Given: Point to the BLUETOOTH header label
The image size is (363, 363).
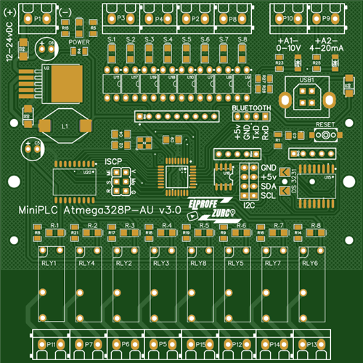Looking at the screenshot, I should coord(251,107).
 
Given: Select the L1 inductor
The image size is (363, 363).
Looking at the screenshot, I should coord(65,126).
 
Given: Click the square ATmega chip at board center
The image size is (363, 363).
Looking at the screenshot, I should coord(175,173).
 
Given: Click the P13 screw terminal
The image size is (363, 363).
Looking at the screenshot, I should coord(311,344).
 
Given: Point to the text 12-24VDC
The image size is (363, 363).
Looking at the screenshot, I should coord(9,46).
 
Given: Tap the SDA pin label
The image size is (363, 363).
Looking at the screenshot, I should coord(268,186).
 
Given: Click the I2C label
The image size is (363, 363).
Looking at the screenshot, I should coord(250,205).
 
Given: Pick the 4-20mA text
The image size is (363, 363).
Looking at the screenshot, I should coord(327,46).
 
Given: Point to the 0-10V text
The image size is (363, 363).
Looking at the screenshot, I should coord(287,46).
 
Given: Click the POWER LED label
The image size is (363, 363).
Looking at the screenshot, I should coord(78,42).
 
